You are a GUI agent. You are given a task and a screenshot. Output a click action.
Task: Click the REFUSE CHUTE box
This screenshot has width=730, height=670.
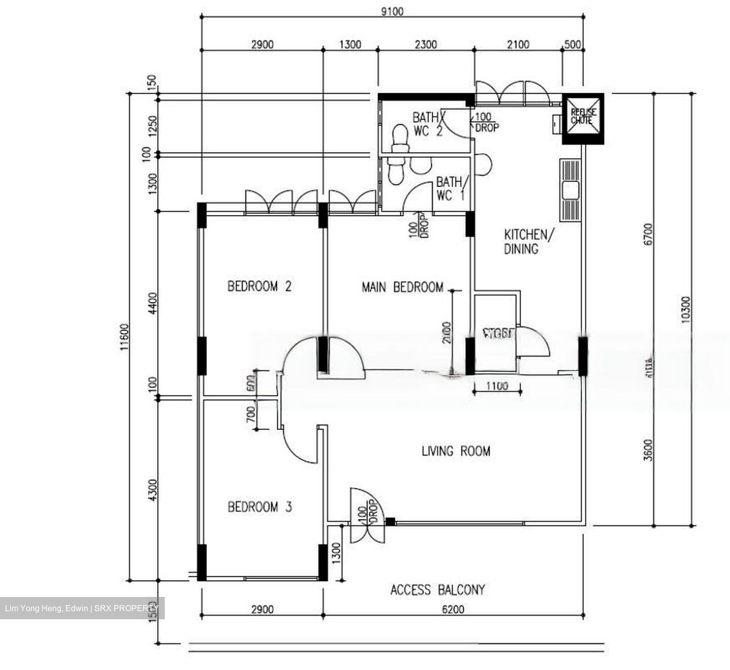coord(583,118)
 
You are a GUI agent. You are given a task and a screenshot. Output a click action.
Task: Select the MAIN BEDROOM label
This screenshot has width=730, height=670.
coord(403,288)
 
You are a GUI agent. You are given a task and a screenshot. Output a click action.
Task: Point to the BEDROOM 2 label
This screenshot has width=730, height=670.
coord(259,287)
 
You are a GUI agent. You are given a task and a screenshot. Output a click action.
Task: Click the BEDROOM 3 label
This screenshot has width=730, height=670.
coord(260,507)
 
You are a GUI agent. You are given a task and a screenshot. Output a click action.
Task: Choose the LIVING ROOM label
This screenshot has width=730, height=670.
coord(456,451)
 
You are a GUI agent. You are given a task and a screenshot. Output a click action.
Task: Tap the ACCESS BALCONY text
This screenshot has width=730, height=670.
coord(437,590)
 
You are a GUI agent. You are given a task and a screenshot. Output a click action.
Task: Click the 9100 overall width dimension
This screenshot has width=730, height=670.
coord(392,11)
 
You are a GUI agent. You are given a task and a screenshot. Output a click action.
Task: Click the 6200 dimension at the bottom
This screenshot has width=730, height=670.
coord(453,609)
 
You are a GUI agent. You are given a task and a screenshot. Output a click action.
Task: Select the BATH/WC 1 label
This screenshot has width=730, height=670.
coord(450,188)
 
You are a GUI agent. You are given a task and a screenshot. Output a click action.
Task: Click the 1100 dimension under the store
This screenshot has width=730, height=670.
coord(497,386)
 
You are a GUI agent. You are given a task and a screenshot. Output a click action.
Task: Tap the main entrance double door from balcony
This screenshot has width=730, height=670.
coord(367,522)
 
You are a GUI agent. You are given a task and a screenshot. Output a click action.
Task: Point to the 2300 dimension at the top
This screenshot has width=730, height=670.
coord(425,45)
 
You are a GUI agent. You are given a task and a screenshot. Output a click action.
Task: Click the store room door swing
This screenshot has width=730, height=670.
coord(534,342)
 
